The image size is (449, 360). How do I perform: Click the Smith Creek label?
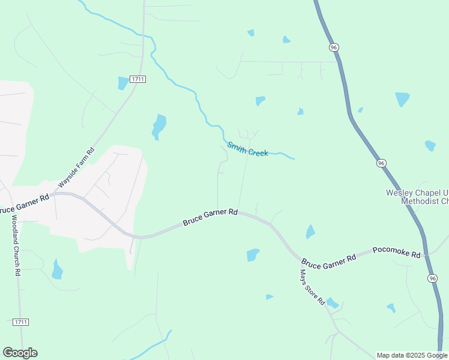click(247, 149)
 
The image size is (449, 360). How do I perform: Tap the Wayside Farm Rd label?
click(76, 168)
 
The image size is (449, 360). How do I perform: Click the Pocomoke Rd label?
click(396, 252)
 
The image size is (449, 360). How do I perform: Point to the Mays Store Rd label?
click(313, 286)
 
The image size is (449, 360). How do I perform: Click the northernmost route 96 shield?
click(334, 47)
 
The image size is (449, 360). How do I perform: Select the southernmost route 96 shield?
click(433, 278)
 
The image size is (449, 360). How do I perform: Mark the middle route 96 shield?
click(381, 163)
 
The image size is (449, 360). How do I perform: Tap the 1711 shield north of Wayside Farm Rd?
click(137, 79)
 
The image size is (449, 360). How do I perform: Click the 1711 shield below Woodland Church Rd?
click(20, 322)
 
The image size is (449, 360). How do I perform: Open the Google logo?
click(20, 353)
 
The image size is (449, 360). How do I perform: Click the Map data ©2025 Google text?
click(412, 355)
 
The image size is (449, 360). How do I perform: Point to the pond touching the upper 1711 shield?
click(123, 83)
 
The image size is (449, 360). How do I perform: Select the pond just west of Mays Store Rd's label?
click(270, 296)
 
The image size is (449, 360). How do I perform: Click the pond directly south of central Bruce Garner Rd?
click(253, 255)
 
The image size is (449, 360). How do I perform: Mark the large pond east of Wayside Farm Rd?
click(158, 126)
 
